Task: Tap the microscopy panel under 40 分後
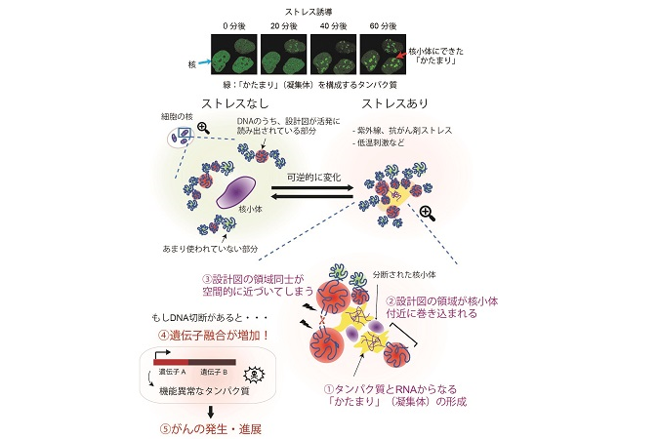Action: point(336,52)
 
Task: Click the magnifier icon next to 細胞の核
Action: point(204,127)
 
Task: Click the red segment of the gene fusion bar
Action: point(175,362)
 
